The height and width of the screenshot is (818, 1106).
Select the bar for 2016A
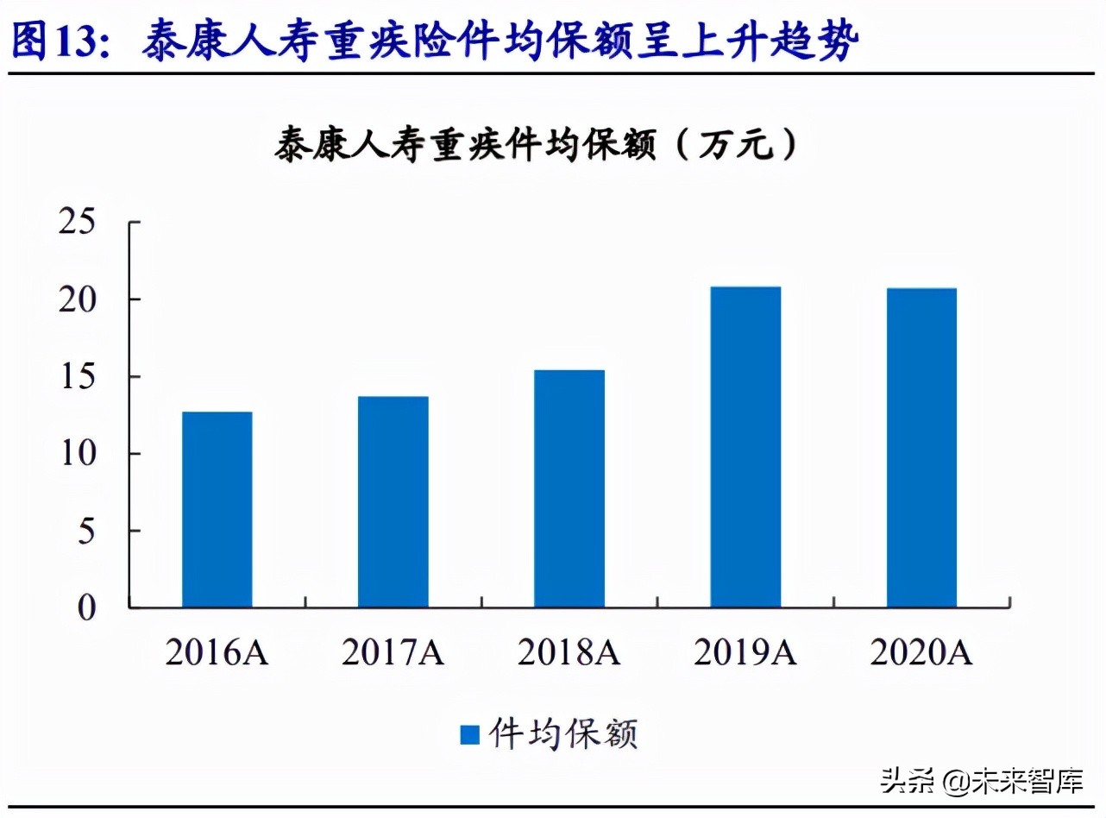pyautogui.click(x=217, y=509)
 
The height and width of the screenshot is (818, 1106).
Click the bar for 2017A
pyautogui.click(x=393, y=501)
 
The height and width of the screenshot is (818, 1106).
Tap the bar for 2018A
pyautogui.click(x=569, y=488)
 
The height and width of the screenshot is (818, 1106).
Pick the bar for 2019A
pyautogui.click(x=745, y=447)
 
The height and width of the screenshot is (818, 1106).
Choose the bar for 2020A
pyautogui.click(x=921, y=448)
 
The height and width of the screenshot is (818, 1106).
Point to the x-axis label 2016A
pyautogui.click(x=217, y=653)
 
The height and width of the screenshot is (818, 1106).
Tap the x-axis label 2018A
pyautogui.click(x=569, y=653)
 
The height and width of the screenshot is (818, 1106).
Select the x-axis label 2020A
pyautogui.click(x=921, y=653)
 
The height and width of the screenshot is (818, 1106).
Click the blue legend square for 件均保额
pyautogui.click(x=469, y=735)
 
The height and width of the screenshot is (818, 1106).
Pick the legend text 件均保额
pyautogui.click(x=562, y=735)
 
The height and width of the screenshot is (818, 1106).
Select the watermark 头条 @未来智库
pyautogui.click(x=981, y=782)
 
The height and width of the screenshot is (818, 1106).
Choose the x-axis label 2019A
pyautogui.click(x=745, y=653)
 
